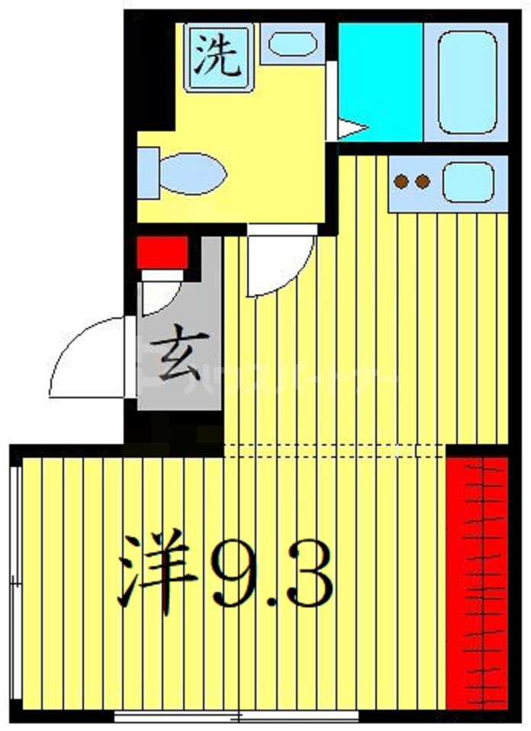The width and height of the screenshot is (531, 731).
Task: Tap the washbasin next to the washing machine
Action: [x=293, y=43]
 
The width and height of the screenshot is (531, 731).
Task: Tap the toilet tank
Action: [x=147, y=172]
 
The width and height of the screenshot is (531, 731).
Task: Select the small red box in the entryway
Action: [x=162, y=252]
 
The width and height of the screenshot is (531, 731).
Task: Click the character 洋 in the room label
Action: [x=156, y=568]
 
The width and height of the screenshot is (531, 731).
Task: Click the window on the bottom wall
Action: [x=237, y=717]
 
